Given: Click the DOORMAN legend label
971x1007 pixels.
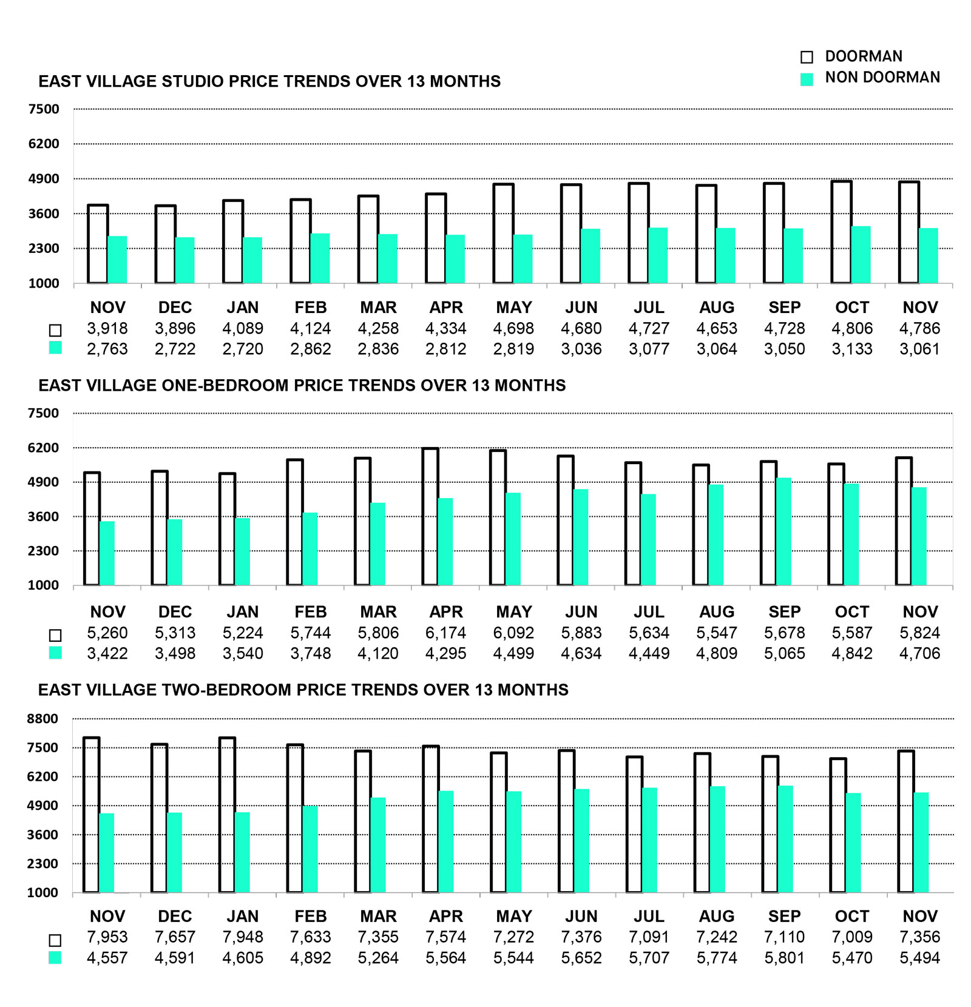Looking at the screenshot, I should (x=863, y=56).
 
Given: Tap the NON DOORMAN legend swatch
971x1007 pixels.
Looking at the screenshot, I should (x=807, y=79).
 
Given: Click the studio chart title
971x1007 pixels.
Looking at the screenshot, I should (x=269, y=81).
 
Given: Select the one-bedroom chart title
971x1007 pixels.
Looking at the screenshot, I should (x=302, y=385).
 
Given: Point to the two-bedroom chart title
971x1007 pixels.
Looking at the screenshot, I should (x=303, y=690).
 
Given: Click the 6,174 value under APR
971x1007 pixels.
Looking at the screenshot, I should (x=445, y=633).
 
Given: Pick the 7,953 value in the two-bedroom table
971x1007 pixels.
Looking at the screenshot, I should (x=107, y=937).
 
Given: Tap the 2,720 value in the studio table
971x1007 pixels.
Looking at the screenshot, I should (x=243, y=349).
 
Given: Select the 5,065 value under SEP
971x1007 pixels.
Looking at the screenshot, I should (x=784, y=653).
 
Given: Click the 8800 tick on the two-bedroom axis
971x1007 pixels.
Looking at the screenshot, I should (x=42, y=719).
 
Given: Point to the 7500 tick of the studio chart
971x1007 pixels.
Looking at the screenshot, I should (x=44, y=109).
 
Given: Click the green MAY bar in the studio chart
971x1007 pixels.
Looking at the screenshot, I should (x=523, y=259).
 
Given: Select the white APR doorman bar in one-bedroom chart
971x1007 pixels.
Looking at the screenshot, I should (x=430, y=516).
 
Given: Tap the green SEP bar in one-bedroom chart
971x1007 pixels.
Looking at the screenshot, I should (x=783, y=531).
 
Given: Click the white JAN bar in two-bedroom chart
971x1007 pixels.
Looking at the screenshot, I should (x=227, y=815).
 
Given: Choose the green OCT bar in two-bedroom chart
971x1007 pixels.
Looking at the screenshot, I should (x=853, y=843).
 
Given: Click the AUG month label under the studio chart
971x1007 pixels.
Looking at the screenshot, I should (x=717, y=308).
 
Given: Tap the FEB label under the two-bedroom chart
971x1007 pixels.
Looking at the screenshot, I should (x=310, y=916).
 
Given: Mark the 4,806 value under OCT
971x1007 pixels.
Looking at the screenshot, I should (x=852, y=328).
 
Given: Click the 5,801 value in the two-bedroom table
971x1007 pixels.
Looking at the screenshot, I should (x=784, y=958).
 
